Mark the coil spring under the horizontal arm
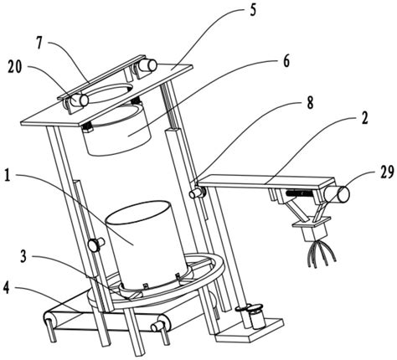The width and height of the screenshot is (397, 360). click(297, 193)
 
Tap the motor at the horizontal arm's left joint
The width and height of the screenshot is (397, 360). click(198, 193)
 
